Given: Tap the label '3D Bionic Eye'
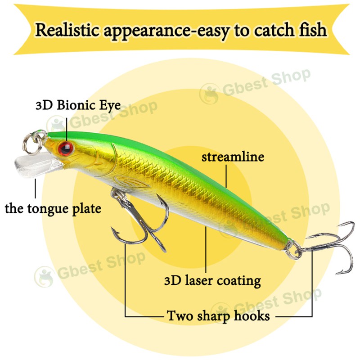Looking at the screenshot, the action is click(77, 106).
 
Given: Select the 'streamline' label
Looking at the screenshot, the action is click(233, 157).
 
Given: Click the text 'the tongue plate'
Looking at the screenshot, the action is click(53, 209).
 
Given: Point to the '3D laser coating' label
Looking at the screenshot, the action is click(212, 281).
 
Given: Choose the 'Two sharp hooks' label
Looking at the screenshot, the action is click(218, 315).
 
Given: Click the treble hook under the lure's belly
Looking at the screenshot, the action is click(139, 220).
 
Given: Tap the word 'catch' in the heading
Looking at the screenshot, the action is click(270, 30).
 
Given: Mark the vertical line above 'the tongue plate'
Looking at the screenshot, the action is click(35, 189).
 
